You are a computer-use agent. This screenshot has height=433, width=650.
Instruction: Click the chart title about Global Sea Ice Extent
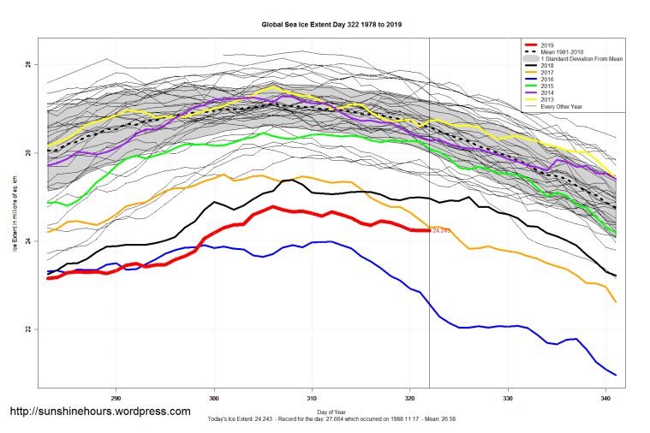click(x=331, y=25)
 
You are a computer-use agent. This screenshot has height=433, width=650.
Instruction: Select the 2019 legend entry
click(x=549, y=44)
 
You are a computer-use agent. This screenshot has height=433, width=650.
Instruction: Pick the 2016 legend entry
click(x=549, y=80)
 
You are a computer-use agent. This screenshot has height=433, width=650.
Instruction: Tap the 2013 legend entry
click(x=549, y=100)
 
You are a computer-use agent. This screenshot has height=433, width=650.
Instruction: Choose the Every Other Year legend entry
click(x=561, y=108)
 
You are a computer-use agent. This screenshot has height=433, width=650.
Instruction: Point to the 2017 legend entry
click(x=549, y=73)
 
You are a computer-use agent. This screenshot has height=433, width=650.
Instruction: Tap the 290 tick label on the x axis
click(x=116, y=399)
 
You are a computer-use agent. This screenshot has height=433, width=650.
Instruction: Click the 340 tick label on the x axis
click(x=605, y=399)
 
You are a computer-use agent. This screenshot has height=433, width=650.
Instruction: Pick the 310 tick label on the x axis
click(x=313, y=399)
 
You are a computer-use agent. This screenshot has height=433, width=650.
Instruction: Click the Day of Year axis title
click(x=331, y=412)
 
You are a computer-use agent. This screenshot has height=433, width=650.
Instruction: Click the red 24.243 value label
click(x=441, y=230)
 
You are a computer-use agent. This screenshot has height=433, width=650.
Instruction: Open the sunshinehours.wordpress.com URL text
click(x=99, y=412)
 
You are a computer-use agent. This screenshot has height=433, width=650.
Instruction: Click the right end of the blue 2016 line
click(x=615, y=374)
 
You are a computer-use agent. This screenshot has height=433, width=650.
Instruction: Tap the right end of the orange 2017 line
click(x=615, y=301)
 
